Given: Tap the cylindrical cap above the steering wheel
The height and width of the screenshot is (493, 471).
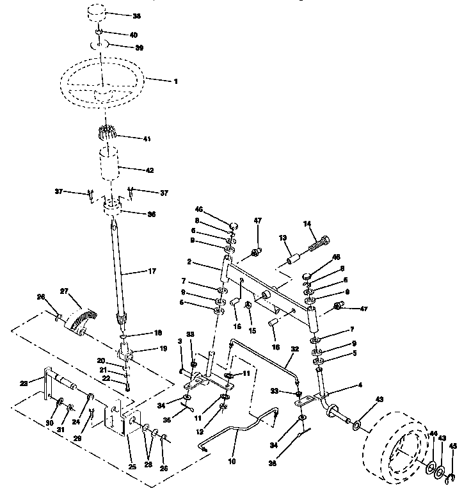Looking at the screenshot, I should coord(97,13).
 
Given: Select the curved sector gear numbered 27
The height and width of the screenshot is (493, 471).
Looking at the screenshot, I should coord(81,317).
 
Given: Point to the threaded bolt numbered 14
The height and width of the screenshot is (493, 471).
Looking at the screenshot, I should coord(319,243).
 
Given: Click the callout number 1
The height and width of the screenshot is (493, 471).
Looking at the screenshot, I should coord(175,81).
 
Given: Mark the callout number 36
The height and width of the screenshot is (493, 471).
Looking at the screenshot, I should coord(152,214).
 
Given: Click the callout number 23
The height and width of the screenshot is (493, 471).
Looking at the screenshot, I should coord(24,384).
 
